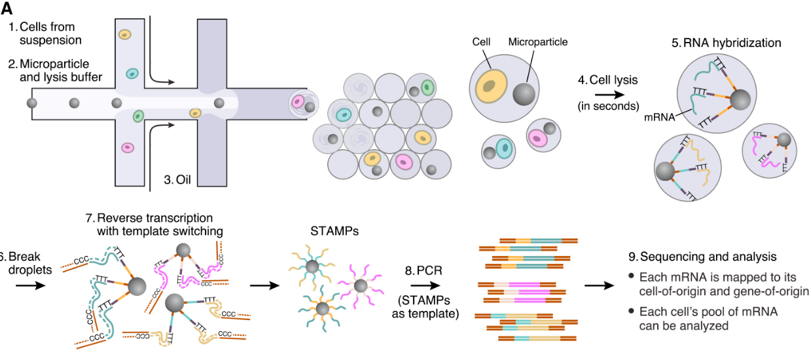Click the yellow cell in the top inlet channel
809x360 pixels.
124,35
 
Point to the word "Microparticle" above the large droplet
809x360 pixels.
538,42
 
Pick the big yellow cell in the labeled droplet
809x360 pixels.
491,86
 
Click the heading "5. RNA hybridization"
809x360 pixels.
726,43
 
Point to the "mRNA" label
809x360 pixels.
659,118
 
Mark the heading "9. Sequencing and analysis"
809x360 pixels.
702,256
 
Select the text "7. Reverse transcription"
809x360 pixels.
153,218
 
